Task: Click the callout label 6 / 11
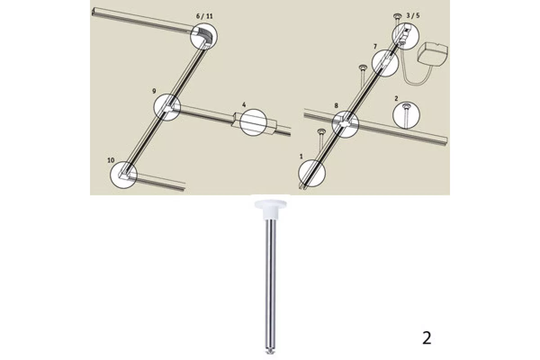tap(204, 16)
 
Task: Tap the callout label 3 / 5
tap(413, 16)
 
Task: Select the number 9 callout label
tap(154, 91)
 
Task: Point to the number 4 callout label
tap(244, 105)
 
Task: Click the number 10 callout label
tap(111, 160)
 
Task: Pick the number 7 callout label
tap(375, 46)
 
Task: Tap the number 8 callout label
tap(336, 105)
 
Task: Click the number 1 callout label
tap(301, 157)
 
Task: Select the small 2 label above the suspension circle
tap(396, 99)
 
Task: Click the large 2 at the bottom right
tap(427, 338)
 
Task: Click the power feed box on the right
tap(433, 54)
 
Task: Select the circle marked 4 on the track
tap(253, 122)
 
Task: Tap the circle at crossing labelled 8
tap(345, 112)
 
